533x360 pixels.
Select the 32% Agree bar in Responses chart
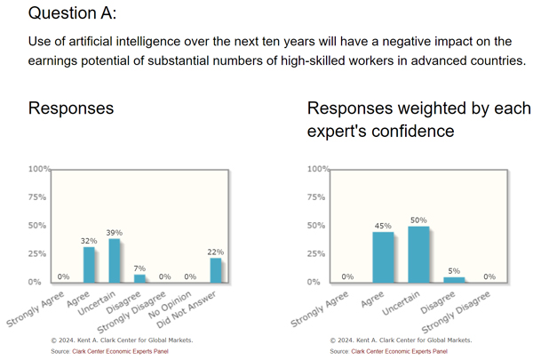[89, 264]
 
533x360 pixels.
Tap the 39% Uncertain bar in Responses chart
[114, 260]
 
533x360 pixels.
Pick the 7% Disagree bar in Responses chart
[139, 277]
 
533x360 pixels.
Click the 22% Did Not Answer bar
[216, 269]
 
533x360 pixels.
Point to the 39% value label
[114, 232]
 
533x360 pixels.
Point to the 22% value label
[216, 251]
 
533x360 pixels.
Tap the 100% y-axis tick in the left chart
[39, 169]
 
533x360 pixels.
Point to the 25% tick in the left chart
[39, 253]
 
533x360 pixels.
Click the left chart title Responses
[71, 108]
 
